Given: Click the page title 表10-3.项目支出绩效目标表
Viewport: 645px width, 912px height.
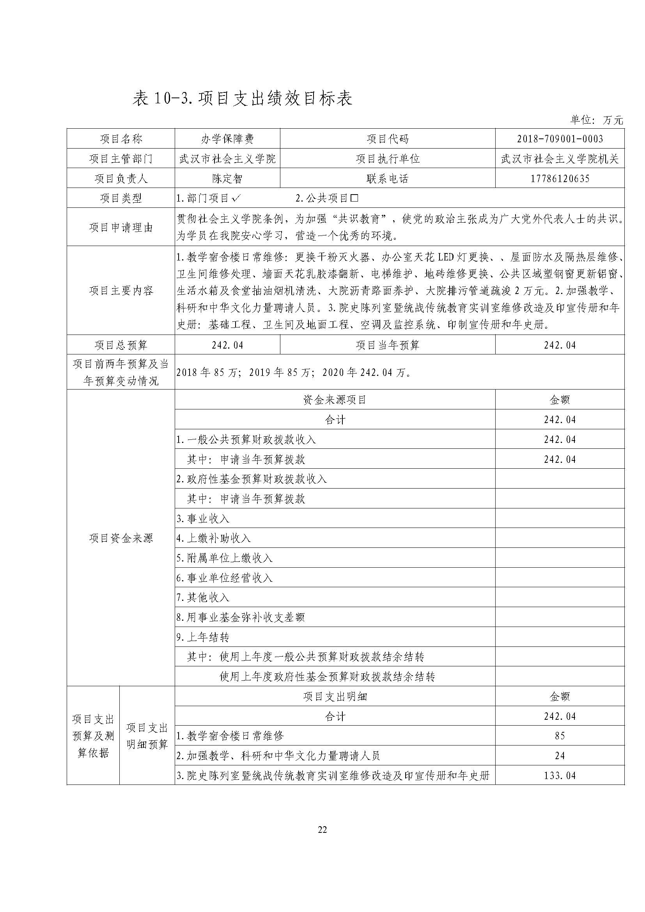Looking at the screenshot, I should [x=242, y=98].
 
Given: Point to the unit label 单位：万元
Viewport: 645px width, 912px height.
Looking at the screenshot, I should [x=597, y=120].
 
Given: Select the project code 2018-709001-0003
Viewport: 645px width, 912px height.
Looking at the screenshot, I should [x=560, y=139].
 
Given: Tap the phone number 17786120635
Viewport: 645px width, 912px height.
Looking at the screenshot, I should [x=560, y=178].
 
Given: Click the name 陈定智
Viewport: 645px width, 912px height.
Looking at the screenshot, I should [x=227, y=178].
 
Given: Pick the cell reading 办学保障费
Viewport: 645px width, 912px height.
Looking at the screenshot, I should [x=227, y=139].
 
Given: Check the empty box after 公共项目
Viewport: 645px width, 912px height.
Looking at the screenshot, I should [x=354, y=198].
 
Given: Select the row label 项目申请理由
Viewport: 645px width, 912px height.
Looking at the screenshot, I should [x=121, y=227].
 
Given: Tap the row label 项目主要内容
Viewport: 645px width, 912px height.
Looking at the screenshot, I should [x=121, y=290].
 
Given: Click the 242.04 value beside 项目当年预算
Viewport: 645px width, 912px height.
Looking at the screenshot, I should [x=560, y=345].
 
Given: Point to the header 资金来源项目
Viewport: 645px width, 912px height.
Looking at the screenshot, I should [x=335, y=400].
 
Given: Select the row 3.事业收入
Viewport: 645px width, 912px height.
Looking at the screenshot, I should [x=203, y=518].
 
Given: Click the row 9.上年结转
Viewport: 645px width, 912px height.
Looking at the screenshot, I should [x=203, y=637].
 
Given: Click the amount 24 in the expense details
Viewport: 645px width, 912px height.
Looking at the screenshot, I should [x=560, y=756].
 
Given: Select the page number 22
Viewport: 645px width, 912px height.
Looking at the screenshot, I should [x=322, y=829].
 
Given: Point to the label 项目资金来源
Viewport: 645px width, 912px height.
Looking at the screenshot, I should [x=121, y=538].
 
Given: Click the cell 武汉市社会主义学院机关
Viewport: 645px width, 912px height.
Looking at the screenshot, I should [x=560, y=159].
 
